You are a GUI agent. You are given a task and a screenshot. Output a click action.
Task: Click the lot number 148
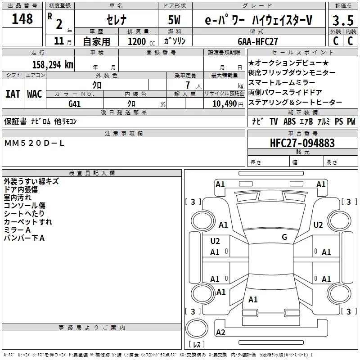click(x=22, y=19)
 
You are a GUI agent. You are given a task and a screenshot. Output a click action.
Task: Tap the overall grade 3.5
click(x=342, y=21)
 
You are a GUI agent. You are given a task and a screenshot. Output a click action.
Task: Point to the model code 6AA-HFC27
click(x=258, y=41)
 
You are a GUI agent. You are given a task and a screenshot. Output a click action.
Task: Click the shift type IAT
click(x=13, y=94)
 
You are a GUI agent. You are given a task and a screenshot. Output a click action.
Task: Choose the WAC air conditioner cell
click(x=35, y=94)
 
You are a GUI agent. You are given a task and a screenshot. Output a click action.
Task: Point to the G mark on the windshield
click(x=284, y=237)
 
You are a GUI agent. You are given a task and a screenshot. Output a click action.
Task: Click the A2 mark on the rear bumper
click(x=220, y=333)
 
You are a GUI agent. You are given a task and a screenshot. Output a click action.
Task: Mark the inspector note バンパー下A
click(x=24, y=238)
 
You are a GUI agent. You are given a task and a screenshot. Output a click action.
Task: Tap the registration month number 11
click(x=58, y=41)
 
